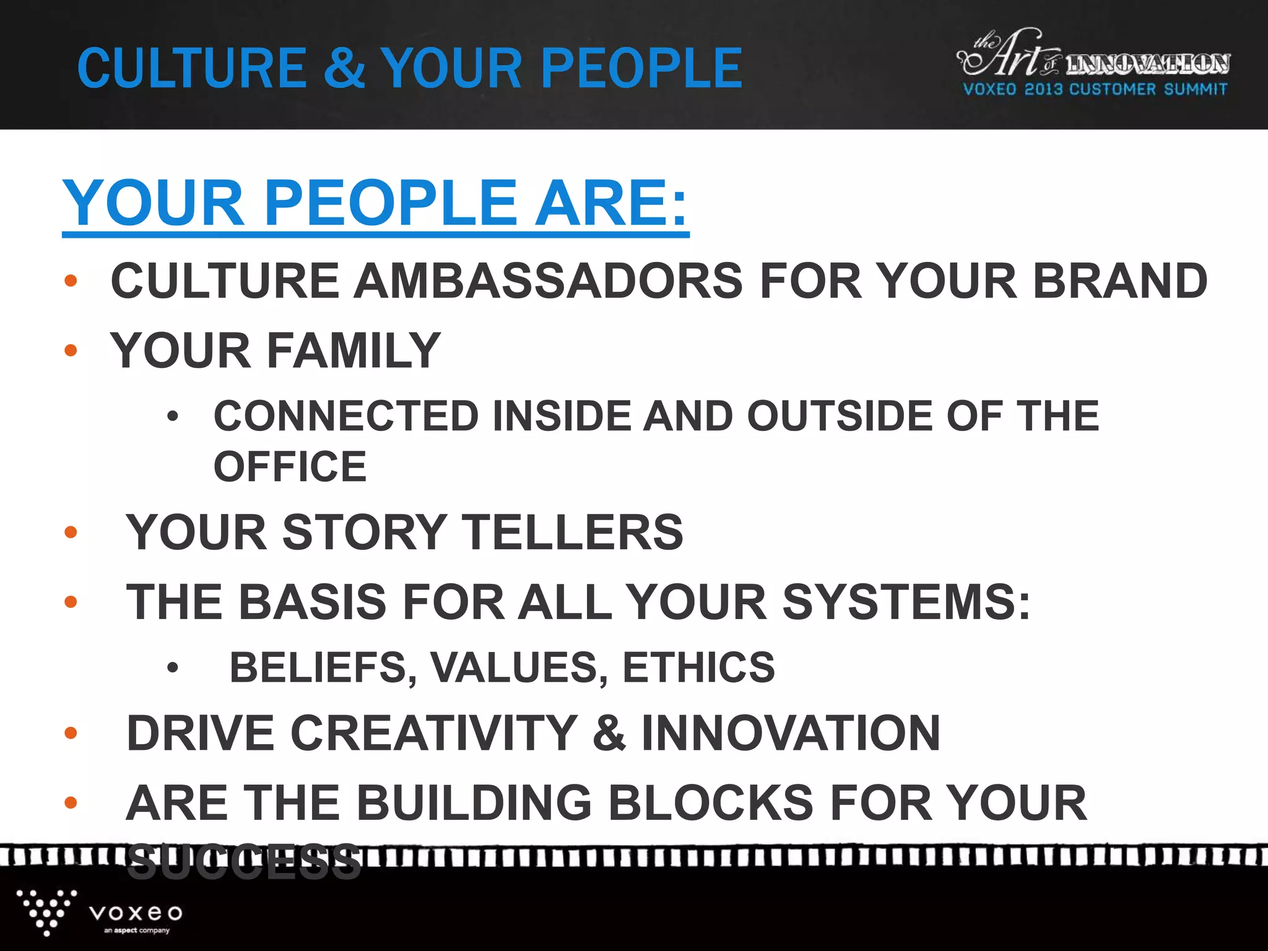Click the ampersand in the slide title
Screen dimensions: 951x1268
pos(344,68)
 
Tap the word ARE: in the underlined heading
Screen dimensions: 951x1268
pos(611,203)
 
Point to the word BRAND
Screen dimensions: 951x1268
pos(1120,281)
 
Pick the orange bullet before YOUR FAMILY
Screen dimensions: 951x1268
pos(71,350)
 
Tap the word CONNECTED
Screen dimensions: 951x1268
pos(346,415)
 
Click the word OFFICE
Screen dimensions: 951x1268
pos(290,467)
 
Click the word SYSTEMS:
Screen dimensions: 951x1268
pos(906,602)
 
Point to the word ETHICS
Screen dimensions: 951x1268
pos(698,667)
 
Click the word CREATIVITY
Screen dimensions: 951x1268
pos(434,733)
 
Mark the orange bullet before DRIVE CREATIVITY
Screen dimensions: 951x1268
pos(71,734)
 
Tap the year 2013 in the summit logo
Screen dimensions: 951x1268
pos(1043,89)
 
